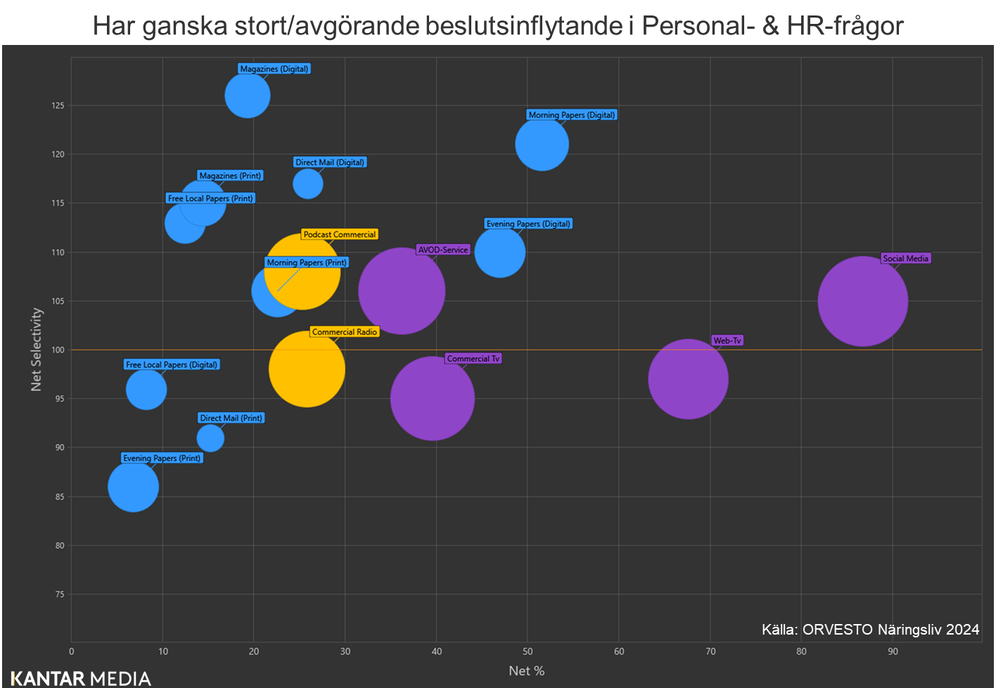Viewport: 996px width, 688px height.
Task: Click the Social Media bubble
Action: (862, 301)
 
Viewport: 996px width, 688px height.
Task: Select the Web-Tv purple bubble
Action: (688, 379)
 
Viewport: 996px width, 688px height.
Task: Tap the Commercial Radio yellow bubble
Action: (307, 369)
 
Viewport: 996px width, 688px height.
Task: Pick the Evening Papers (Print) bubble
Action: (133, 486)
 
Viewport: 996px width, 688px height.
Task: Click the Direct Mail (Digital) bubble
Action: (308, 184)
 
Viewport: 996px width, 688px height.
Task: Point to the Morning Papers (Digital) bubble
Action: (542, 144)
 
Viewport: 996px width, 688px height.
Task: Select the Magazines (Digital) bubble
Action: (248, 96)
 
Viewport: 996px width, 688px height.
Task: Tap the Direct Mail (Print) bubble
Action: (210, 439)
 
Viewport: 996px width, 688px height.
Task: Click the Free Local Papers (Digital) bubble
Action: (146, 389)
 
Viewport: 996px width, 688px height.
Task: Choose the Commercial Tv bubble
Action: (433, 398)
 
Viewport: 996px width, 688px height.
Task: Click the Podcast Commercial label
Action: (340, 235)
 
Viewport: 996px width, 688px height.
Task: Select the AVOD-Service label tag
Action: (443, 250)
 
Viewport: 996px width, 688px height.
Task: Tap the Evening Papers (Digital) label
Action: (528, 224)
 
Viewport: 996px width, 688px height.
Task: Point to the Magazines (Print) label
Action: (230, 176)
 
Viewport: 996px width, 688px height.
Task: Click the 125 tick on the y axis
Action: (57, 105)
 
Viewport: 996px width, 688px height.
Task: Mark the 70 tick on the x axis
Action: (710, 651)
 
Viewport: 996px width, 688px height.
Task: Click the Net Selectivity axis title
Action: (37, 349)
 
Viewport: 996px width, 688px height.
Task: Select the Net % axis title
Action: (526, 671)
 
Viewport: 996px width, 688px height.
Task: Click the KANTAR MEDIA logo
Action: (81, 678)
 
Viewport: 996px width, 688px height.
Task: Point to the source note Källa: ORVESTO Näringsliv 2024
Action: (870, 630)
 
